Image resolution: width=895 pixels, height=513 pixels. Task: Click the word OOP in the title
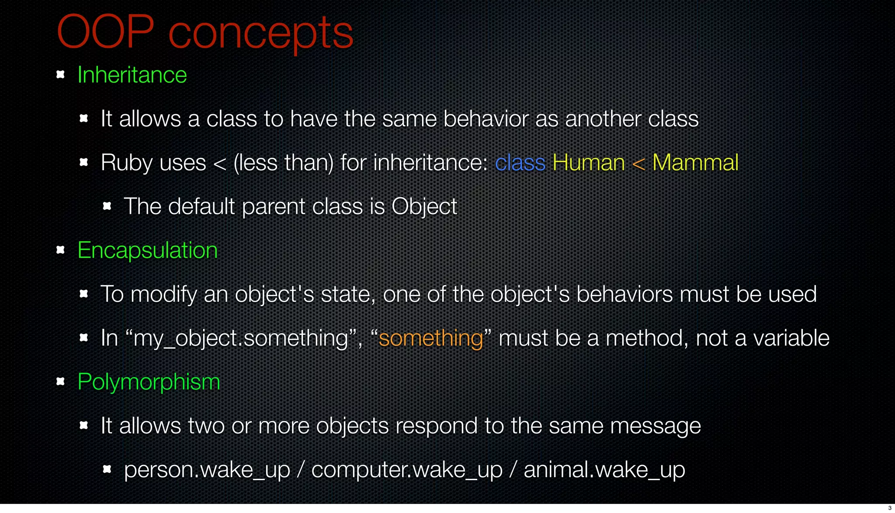point(105,32)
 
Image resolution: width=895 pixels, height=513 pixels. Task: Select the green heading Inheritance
point(132,75)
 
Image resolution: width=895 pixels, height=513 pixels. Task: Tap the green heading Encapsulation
point(147,251)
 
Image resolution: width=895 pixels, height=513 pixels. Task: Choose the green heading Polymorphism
point(149,382)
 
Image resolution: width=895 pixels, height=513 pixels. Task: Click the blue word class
point(520,163)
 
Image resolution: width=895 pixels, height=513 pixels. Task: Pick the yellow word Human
point(588,163)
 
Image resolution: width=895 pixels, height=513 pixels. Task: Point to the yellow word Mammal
point(695,163)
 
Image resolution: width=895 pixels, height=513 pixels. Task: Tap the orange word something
point(430,339)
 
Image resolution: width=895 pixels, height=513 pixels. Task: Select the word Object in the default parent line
point(424,207)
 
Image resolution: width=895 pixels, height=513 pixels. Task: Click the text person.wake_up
point(207,470)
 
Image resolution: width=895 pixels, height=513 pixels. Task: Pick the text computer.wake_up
point(407,470)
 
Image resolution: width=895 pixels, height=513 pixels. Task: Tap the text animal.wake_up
point(604,470)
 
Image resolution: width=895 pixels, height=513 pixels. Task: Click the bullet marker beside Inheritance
point(61,74)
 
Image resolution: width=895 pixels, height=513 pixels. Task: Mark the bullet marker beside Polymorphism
point(61,381)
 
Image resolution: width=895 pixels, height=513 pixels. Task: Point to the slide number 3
point(890,508)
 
